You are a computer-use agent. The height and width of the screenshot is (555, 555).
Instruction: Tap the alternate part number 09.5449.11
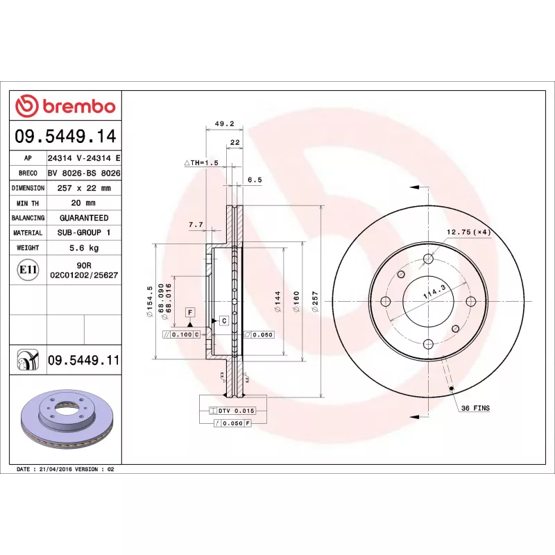pyautogui.click(x=84, y=360)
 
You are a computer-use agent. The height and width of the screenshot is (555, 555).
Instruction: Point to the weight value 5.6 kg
pyautogui.click(x=84, y=248)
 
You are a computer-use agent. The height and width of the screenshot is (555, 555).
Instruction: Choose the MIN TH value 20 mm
pyautogui.click(x=84, y=203)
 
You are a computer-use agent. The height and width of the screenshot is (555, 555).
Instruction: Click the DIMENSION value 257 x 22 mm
pyautogui.click(x=84, y=188)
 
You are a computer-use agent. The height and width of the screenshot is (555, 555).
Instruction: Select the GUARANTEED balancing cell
pyautogui.click(x=84, y=218)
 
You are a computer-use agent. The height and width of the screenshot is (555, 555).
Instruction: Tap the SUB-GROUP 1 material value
pyautogui.click(x=84, y=233)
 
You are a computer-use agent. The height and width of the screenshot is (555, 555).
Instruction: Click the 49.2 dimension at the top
pyautogui.click(x=224, y=123)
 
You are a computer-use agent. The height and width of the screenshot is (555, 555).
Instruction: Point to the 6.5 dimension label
pyautogui.click(x=254, y=180)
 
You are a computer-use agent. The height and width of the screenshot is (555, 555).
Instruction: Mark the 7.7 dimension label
pyautogui.click(x=196, y=225)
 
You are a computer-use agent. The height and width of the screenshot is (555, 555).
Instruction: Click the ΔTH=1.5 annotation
pyautogui.click(x=201, y=162)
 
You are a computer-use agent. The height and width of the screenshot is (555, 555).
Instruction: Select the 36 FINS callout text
pyautogui.click(x=475, y=408)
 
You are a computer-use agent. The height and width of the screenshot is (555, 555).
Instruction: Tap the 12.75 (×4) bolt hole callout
pyautogui.click(x=468, y=232)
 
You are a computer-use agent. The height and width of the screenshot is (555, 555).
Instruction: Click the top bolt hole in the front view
pyautogui.click(x=428, y=259)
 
